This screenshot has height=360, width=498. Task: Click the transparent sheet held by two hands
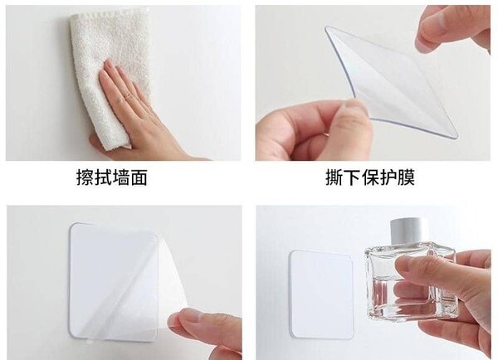coord(390,79)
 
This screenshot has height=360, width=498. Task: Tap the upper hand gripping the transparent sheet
coord(452,29)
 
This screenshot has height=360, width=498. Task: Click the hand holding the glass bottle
coord(448,290)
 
